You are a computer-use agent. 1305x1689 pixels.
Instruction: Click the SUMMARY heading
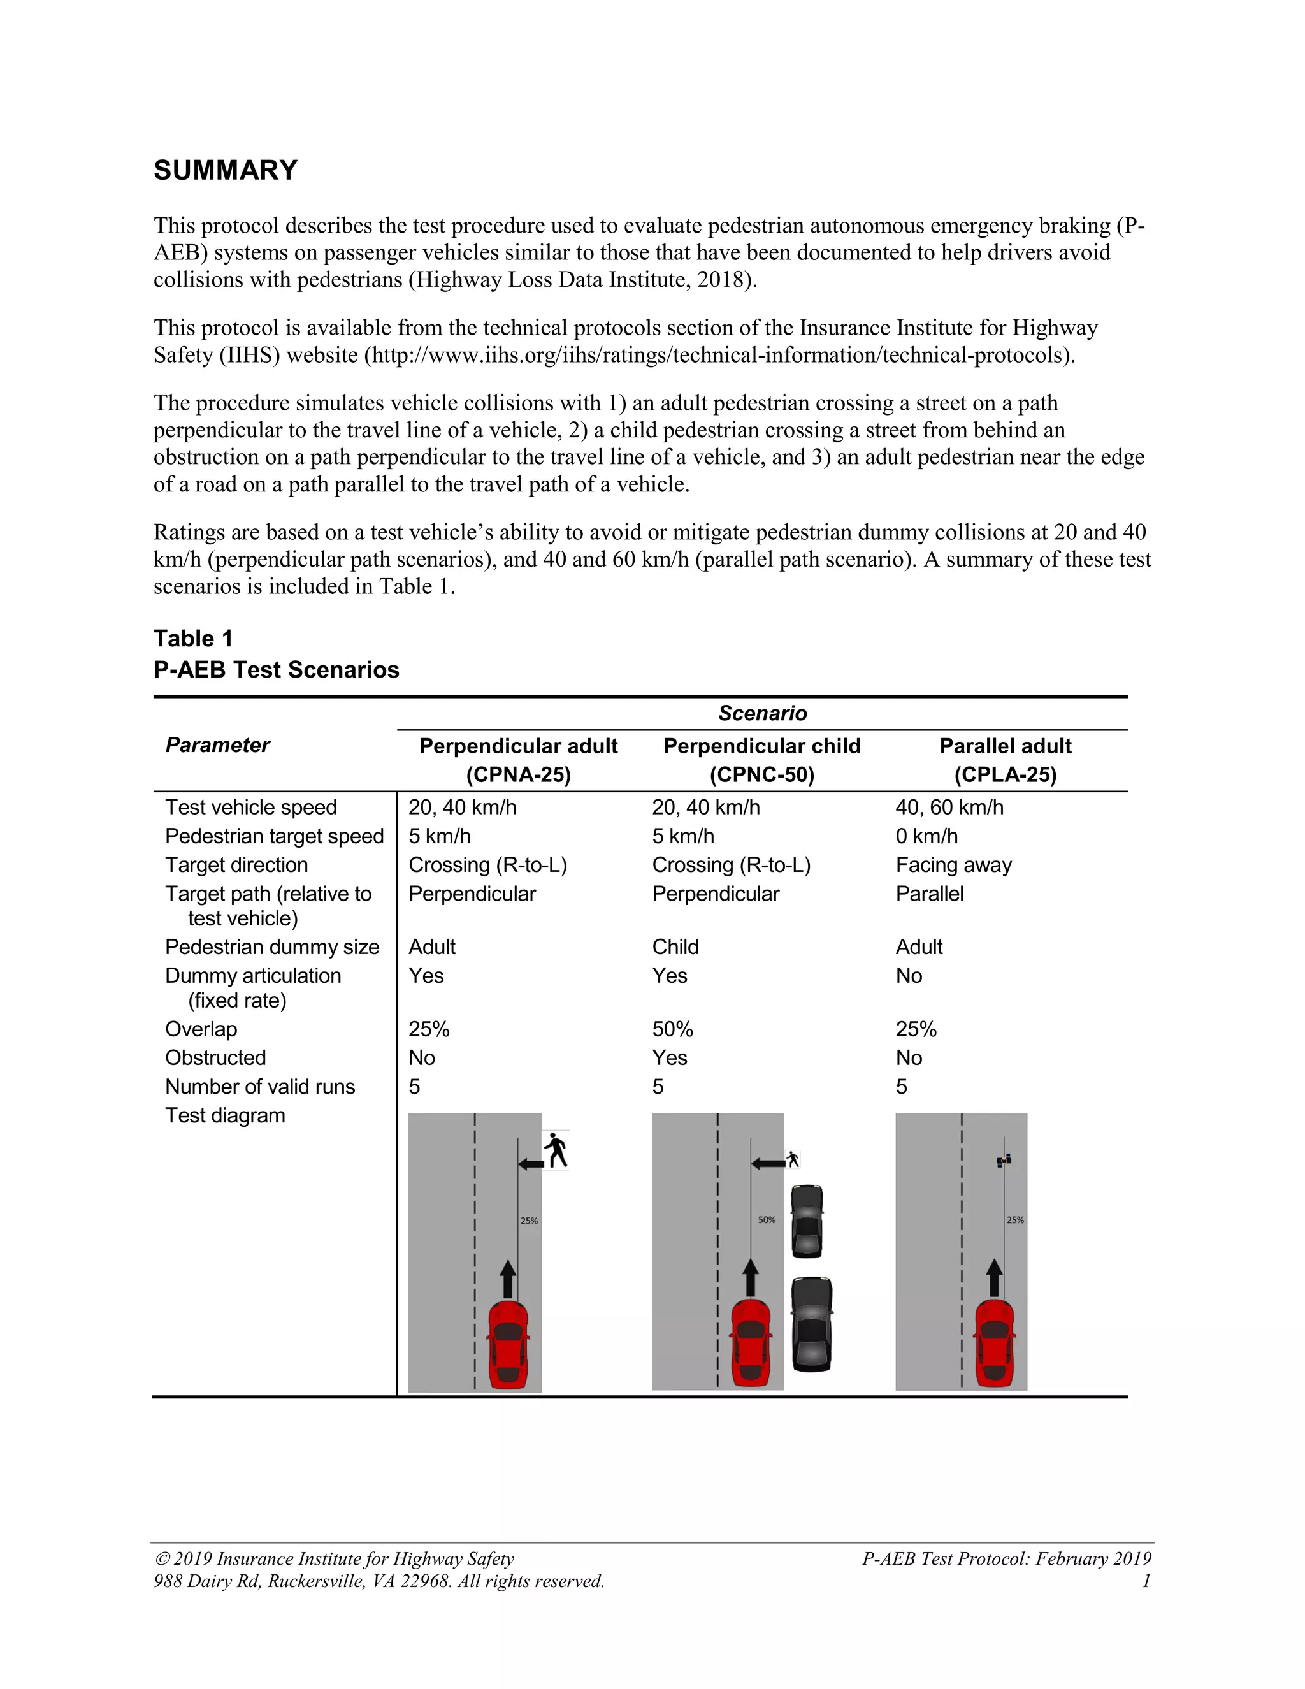tap(225, 170)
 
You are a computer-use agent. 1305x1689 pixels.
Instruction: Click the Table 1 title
tap(192, 638)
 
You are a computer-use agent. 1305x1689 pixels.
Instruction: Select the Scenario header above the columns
tap(761, 713)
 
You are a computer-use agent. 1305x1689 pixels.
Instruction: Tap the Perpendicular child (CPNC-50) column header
tap(761, 760)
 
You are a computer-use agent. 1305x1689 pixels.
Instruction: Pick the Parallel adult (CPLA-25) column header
tap(1005, 760)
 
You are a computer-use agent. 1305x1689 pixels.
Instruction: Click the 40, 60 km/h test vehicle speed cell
tap(949, 808)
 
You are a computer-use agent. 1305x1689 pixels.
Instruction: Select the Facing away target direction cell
tap(953, 865)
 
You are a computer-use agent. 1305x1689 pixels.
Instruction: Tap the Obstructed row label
tap(215, 1058)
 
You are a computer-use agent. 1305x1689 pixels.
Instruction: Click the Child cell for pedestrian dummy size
tap(674, 947)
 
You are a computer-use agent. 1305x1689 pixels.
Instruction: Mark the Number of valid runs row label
tap(260, 1087)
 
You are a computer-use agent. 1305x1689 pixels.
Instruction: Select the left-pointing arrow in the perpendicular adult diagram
tap(531, 1164)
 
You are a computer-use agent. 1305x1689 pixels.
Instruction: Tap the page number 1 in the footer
tap(1146, 1581)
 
